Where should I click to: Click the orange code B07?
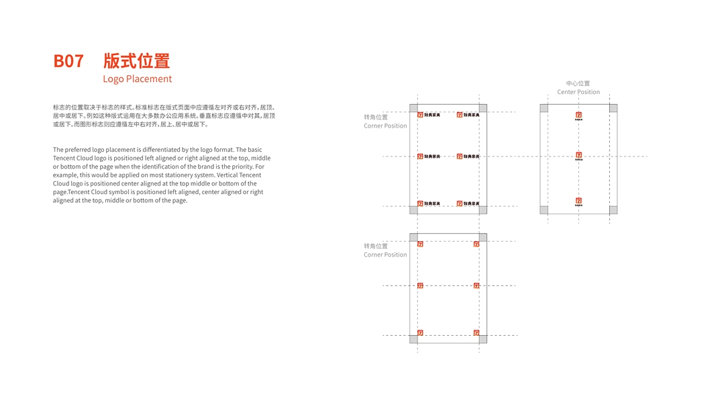(68, 61)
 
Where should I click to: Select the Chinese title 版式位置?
(136, 61)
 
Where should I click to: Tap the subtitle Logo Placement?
(137, 79)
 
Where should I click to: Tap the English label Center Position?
(578, 92)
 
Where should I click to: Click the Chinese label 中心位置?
(578, 83)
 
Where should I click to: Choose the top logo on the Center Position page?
(578, 116)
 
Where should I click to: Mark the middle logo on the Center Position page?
(578, 156)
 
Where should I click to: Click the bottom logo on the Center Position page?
(578, 201)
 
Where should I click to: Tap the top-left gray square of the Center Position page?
(544, 108)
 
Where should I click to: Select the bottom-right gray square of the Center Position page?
(613, 210)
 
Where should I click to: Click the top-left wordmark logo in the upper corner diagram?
(429, 115)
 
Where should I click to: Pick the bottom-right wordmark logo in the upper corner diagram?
(468, 204)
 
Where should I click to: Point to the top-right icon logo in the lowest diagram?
(476, 244)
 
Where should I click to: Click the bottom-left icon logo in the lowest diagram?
(420, 332)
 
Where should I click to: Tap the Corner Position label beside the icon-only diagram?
(385, 255)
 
